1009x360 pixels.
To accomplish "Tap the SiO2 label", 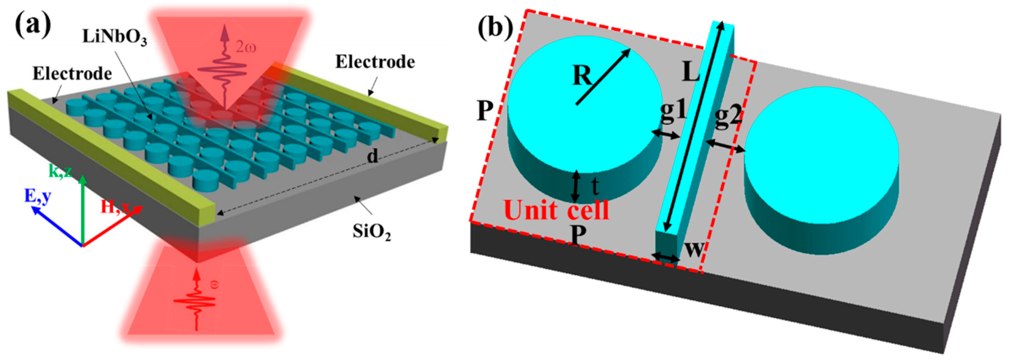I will click(372, 232).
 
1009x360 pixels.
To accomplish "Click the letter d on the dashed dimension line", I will click(373, 156).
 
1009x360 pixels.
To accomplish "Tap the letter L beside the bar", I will click(691, 72).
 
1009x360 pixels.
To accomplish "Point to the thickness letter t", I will click(595, 186).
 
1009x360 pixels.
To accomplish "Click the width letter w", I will click(694, 248).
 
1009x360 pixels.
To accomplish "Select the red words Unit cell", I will click(556, 210).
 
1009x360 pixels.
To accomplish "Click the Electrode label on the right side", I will click(375, 62).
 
